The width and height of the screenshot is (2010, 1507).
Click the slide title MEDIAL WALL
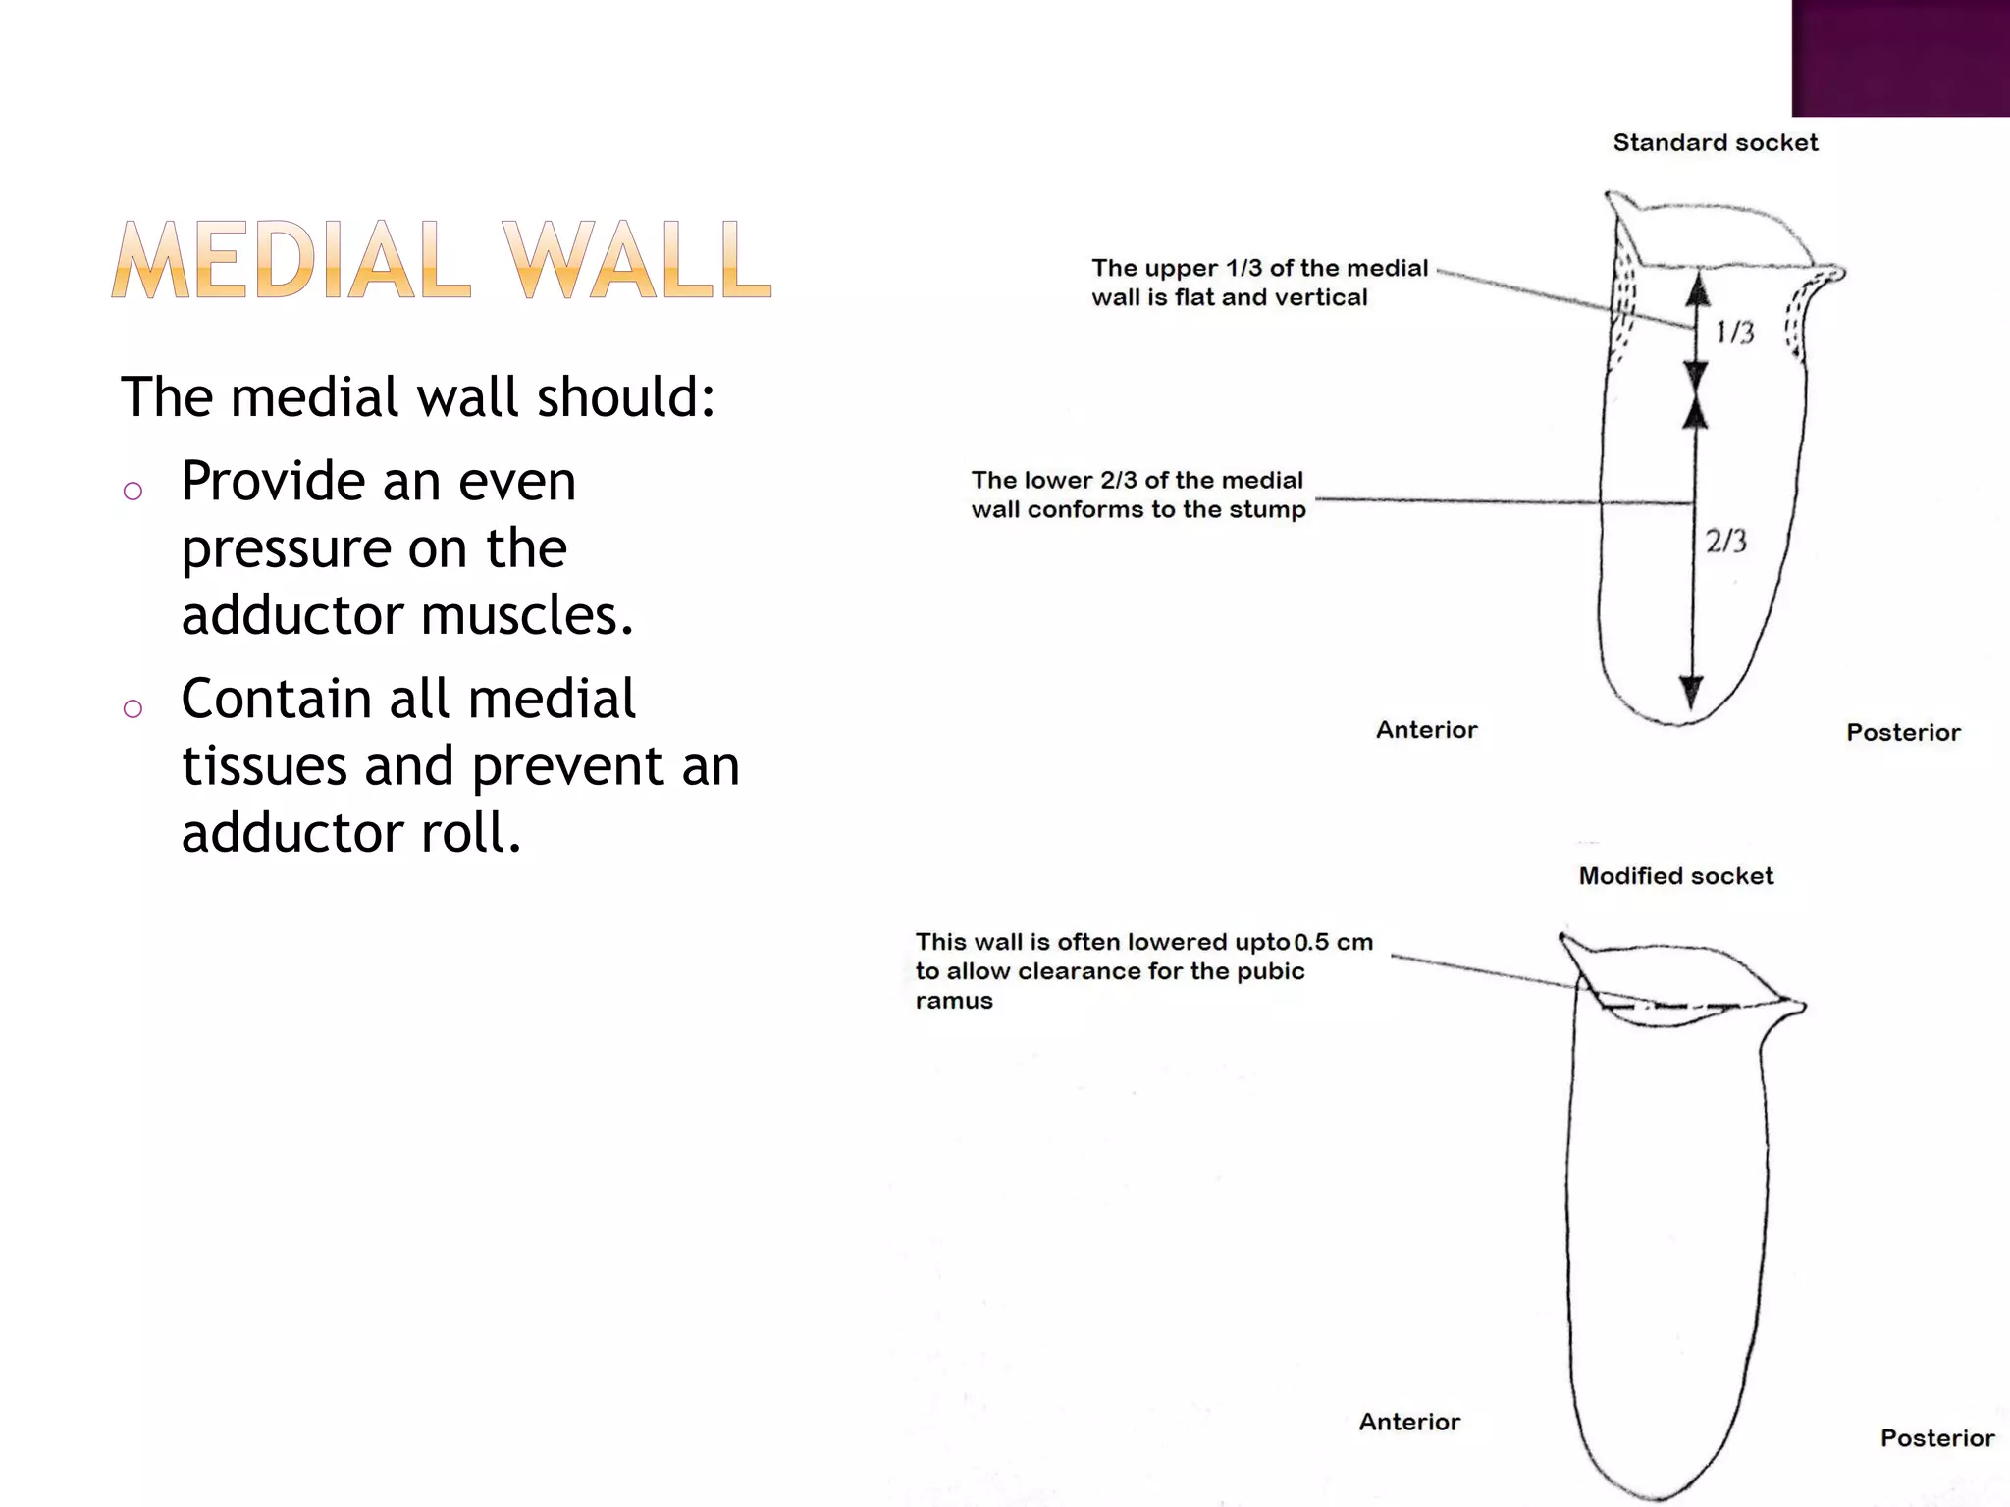tap(442, 259)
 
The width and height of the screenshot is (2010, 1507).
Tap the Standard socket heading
tap(1715, 143)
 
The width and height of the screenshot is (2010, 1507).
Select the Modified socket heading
tap(1675, 876)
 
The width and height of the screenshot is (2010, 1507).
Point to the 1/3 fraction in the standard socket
tap(1734, 333)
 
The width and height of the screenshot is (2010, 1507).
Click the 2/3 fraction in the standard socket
tap(1725, 541)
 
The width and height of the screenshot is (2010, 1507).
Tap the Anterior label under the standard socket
tap(1426, 730)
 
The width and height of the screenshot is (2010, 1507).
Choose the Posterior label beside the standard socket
tap(1903, 733)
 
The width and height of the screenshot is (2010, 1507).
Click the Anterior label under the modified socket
tap(1409, 1423)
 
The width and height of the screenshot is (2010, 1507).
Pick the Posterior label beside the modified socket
tap(1936, 1438)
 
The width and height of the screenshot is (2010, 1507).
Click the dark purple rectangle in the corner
tap(1900, 58)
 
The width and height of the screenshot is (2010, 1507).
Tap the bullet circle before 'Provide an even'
tap(133, 491)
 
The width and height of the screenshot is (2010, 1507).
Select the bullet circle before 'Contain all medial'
tap(133, 708)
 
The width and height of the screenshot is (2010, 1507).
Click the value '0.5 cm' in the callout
tap(1333, 943)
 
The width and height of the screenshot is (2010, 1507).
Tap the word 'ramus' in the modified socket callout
tap(954, 1002)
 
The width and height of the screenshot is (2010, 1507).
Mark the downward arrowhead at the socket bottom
tap(1690, 691)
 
